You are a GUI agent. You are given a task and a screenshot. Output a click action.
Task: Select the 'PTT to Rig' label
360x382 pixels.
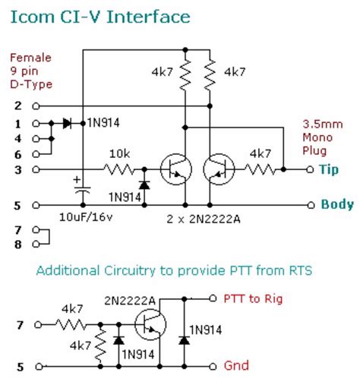255,298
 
